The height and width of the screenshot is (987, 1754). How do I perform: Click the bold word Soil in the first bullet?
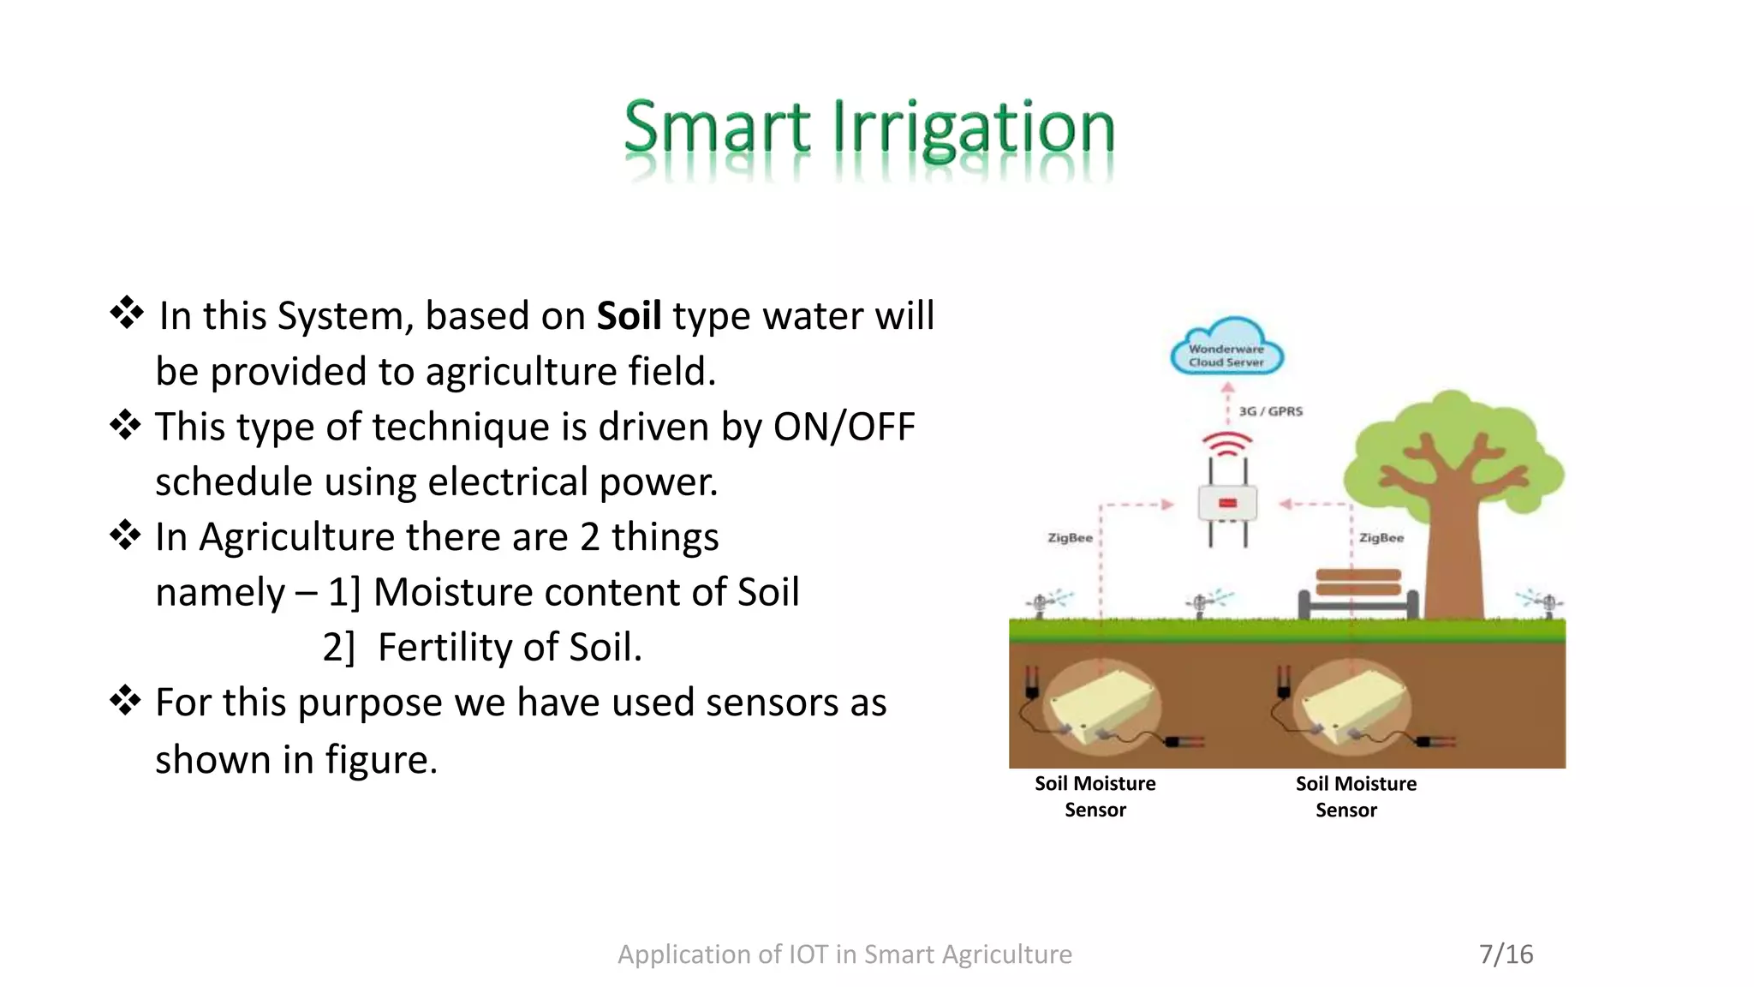click(x=629, y=316)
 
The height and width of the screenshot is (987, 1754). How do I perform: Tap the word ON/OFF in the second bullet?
click(x=844, y=427)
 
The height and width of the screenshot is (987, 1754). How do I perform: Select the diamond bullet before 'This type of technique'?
click(x=126, y=425)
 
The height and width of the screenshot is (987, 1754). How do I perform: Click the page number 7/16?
click(x=1506, y=954)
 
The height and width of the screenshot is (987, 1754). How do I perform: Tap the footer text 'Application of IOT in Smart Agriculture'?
click(x=844, y=954)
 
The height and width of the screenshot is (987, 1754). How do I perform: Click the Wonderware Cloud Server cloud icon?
click(x=1226, y=348)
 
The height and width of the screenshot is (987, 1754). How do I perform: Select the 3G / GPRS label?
click(x=1270, y=411)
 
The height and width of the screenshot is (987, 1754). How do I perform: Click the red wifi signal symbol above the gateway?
click(x=1226, y=444)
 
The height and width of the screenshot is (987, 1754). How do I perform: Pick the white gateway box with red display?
click(x=1227, y=503)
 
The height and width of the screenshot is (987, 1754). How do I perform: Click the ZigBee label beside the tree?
click(x=1381, y=538)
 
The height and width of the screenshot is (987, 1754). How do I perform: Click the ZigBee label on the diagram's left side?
click(x=1070, y=538)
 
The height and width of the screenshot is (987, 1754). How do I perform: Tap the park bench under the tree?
click(x=1358, y=591)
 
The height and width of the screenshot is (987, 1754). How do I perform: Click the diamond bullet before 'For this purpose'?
click(x=126, y=701)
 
